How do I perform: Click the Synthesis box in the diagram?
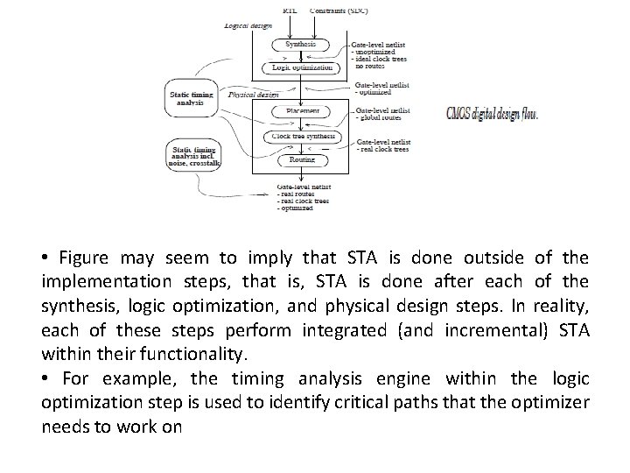[x=300, y=45]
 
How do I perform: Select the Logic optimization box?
[x=300, y=67]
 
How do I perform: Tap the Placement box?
[x=300, y=111]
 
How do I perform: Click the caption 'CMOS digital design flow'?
[x=492, y=114]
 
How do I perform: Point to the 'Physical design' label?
[x=248, y=94]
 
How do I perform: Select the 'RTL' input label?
[x=290, y=11]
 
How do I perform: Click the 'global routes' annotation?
[x=381, y=117]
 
